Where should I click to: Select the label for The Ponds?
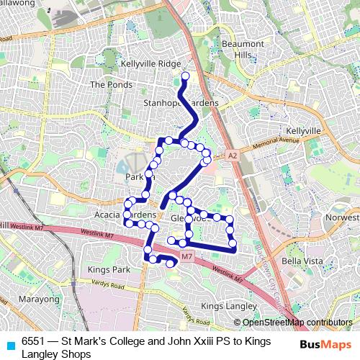tap(107, 84)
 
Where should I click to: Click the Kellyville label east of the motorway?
tap(302, 130)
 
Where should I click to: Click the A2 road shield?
tap(232, 155)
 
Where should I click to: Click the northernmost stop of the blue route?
tap(185, 76)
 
